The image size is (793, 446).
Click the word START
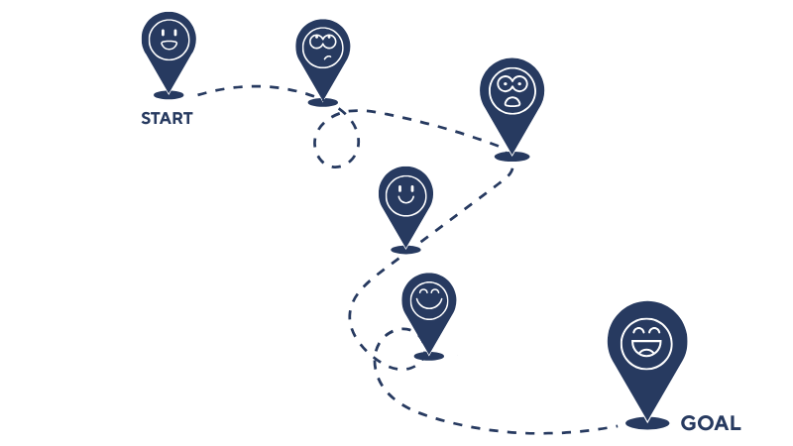[x=167, y=119]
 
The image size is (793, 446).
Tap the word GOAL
[x=710, y=423]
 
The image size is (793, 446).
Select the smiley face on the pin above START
[x=169, y=41]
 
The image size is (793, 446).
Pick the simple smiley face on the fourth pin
[x=405, y=193]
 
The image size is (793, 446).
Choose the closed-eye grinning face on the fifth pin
[x=429, y=299]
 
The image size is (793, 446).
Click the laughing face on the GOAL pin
[x=646, y=339]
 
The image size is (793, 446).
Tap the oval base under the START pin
[x=169, y=95]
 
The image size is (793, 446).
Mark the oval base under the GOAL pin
[x=647, y=423]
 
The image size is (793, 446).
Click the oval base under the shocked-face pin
[x=512, y=157]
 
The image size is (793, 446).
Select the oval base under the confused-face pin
[x=323, y=102]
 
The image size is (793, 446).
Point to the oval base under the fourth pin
[x=405, y=249]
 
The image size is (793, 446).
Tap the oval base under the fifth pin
[x=429, y=355]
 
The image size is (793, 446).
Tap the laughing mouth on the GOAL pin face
[x=646, y=349]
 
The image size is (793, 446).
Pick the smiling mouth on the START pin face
[x=169, y=48]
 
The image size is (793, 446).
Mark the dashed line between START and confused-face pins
[x=248, y=87]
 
